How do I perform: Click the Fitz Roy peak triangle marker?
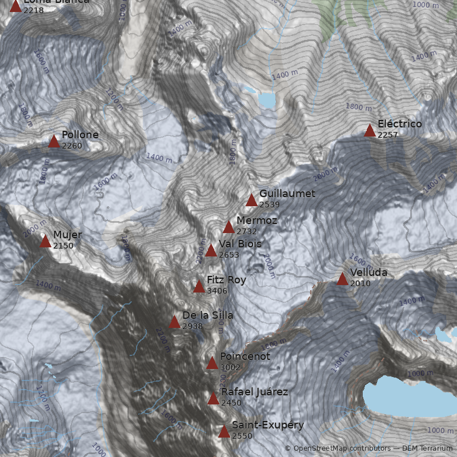coord(199,287)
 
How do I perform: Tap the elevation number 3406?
coord(217,291)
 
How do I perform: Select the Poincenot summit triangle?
coord(212,363)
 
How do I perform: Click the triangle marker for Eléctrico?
coord(370,131)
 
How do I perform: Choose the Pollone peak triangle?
coord(54,142)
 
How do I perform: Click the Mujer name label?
coord(67,235)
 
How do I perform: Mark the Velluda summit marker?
coord(342,279)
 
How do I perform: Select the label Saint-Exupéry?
coord(268,425)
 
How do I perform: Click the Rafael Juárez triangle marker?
coord(213,399)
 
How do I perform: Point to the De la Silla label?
coord(207,315)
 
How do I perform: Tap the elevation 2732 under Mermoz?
coord(247,231)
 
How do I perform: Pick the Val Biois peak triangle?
coord(211,251)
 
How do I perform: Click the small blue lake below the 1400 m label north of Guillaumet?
coord(267,100)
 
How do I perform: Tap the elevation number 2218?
coord(34,10)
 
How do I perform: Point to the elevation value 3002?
coord(230,367)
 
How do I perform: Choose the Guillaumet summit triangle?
coord(251,200)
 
